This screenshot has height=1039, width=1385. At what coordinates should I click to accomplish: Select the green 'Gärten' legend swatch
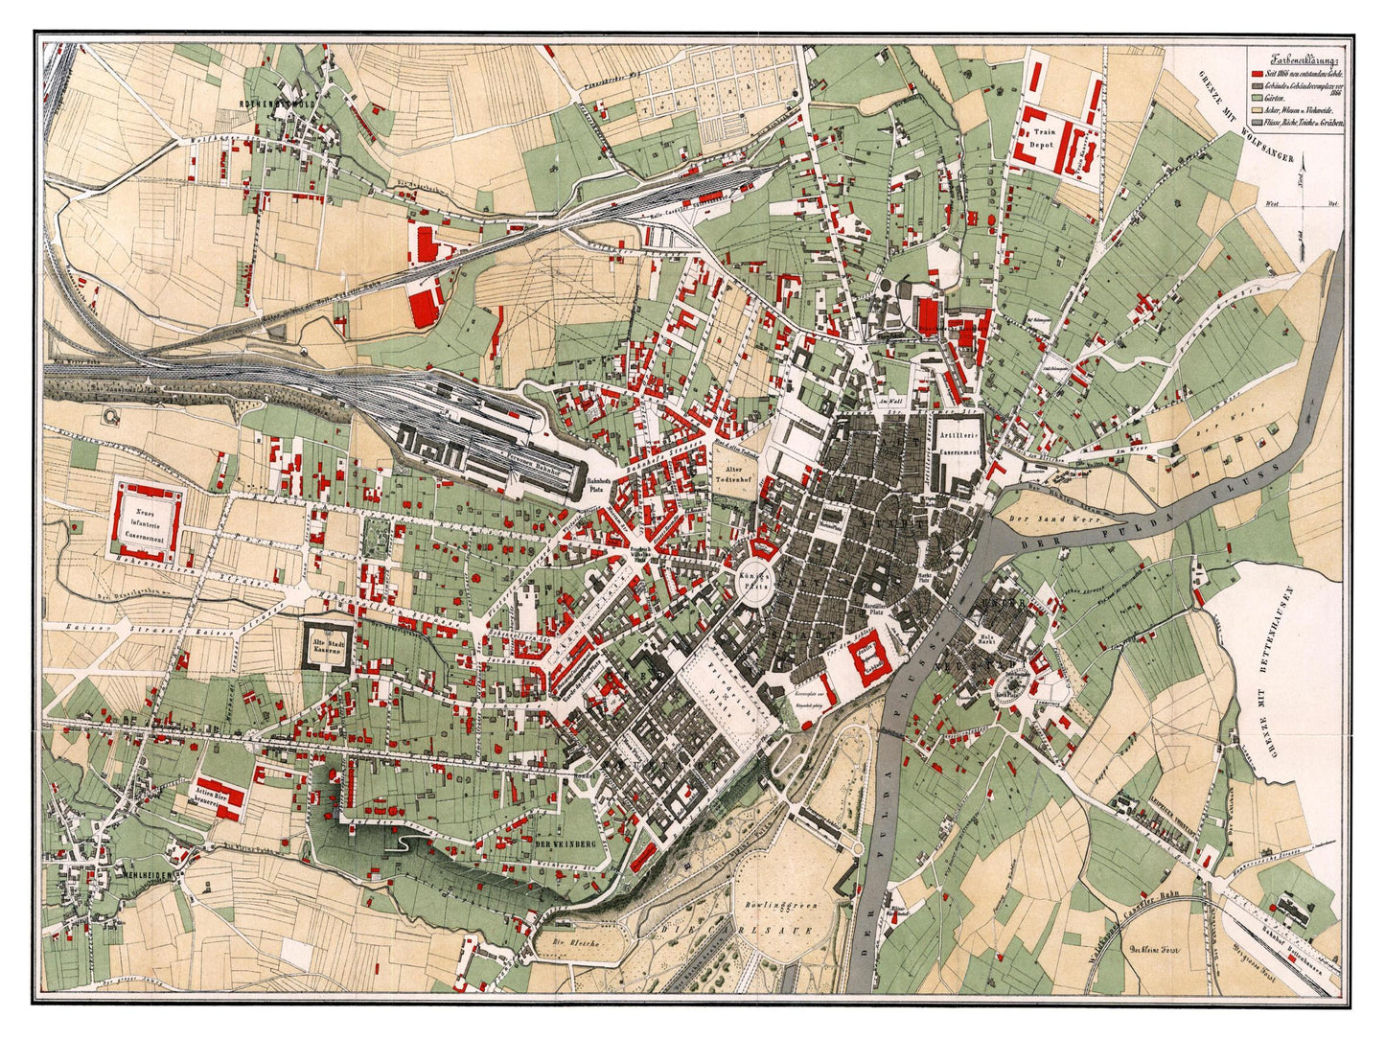pyautogui.click(x=1255, y=100)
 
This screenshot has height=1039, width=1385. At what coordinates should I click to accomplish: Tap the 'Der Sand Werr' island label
pyautogui.click(x=1034, y=519)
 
